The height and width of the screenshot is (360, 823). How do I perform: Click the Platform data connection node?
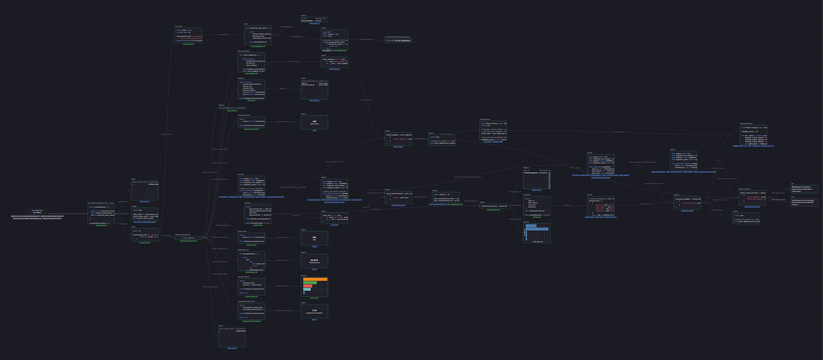coord(37,212)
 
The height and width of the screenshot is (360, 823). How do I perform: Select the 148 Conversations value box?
coord(314,122)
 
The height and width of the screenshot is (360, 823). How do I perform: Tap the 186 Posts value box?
coord(314,238)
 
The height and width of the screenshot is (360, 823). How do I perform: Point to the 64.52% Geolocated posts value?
coord(314,260)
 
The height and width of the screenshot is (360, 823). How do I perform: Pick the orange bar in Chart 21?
coord(315,279)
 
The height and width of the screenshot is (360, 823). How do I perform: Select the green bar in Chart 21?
coord(310,283)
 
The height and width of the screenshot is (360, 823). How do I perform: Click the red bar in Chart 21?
coord(308,286)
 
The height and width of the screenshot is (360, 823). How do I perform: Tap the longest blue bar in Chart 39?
coord(537,229)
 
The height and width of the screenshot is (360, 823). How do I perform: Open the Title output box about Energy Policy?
coord(804,189)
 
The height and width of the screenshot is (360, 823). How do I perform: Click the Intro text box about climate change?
coord(804,202)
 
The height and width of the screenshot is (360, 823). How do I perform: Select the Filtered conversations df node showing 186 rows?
coord(188,238)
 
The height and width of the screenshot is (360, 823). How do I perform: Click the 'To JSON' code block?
coord(144,214)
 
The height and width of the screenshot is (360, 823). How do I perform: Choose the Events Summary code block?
coord(493,130)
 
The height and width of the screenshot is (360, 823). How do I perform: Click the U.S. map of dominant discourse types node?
coord(398,40)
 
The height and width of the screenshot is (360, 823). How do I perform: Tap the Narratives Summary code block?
coord(753,135)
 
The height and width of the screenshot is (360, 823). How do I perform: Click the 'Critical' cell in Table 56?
coord(321,21)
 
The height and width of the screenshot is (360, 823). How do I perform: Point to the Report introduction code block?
coord(752,198)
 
